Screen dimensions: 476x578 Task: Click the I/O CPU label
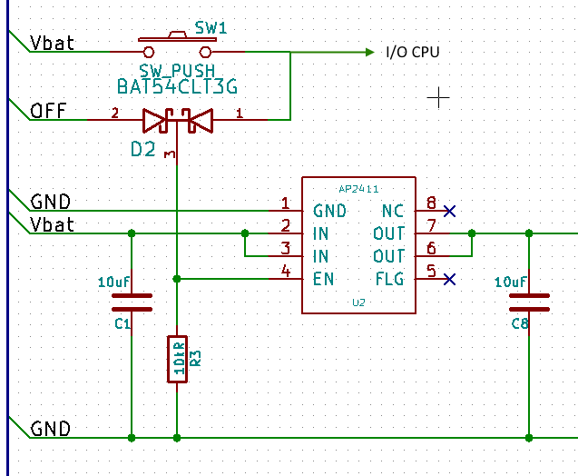(412, 53)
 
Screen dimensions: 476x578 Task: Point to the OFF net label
(47, 111)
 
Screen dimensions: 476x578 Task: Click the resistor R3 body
(178, 360)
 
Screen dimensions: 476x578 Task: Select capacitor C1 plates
(132, 302)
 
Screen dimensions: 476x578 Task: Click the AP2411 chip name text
(359, 189)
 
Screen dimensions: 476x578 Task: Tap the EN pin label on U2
(325, 279)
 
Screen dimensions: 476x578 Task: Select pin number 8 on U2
(431, 203)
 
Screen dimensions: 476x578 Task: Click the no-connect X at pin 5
(448, 279)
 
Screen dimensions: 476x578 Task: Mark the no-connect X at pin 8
(448, 211)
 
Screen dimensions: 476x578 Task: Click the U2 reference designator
(359, 302)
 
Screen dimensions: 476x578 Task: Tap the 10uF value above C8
(511, 283)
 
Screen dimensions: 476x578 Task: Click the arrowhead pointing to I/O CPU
(368, 53)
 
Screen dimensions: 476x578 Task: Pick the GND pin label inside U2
(330, 211)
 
